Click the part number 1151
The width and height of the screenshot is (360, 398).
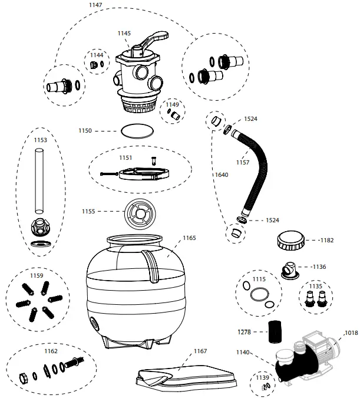[125, 158]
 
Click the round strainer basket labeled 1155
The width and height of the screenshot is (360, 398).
[142, 211]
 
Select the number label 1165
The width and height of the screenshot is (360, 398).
[189, 238]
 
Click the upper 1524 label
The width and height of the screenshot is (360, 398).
[250, 119]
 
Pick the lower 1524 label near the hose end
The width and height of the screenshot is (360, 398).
[272, 220]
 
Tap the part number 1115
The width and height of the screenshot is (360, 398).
[259, 279]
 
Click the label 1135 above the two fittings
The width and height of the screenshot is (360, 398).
[316, 286]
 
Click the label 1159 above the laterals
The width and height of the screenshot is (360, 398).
[37, 274]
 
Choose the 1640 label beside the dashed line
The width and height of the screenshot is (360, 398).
[222, 175]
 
